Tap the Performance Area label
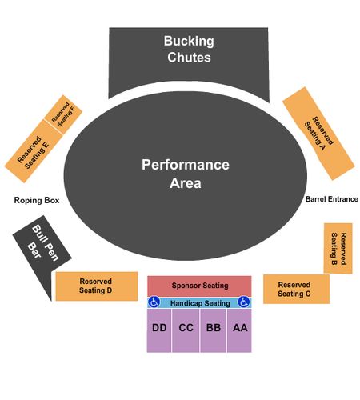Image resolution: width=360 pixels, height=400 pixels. [x=186, y=174]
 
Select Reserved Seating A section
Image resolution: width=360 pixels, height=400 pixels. [x=318, y=134]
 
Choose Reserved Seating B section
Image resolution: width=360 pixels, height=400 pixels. [x=338, y=248]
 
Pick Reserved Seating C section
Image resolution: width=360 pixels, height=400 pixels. [x=296, y=289]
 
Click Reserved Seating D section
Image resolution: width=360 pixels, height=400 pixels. [x=97, y=286]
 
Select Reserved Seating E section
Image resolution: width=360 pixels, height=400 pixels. [x=34, y=151]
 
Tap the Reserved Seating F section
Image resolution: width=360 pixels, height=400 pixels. [x=63, y=114]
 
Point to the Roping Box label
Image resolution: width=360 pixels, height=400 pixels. [x=37, y=200]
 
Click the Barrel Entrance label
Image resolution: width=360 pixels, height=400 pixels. [x=332, y=199]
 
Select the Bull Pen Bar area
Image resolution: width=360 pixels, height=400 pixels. [x=42, y=250]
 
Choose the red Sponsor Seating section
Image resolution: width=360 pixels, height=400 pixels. [x=199, y=286]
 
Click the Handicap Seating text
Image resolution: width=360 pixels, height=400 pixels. [x=200, y=303]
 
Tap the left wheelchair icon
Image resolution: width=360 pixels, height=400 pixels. [x=154, y=302]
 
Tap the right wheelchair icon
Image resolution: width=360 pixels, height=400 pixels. [x=244, y=302]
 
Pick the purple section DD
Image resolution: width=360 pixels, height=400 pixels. [x=159, y=330]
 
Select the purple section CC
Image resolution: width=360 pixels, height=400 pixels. [x=186, y=330]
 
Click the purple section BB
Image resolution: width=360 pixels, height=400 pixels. [x=214, y=330]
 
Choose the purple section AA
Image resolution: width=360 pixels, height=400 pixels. [x=239, y=330]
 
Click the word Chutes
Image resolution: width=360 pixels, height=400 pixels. [x=189, y=58]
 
